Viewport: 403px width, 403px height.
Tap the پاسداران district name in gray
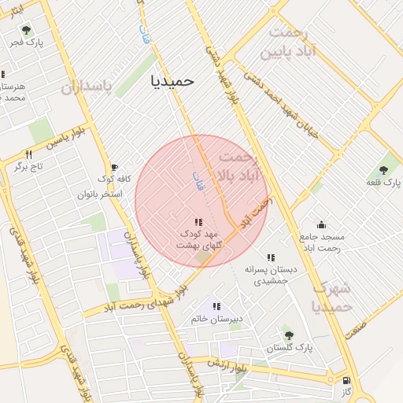87,85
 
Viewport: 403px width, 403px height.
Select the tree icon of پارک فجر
27,30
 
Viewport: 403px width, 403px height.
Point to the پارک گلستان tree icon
288,335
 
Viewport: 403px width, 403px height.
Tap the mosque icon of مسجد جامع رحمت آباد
321,224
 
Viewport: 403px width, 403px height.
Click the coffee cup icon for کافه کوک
114,168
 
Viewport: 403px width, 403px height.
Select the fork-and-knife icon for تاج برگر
29,154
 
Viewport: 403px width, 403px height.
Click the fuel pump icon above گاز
346,379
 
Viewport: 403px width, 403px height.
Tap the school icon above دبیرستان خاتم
216,306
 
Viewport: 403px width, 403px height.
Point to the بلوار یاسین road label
64,139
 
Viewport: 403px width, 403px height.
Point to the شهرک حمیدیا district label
331,298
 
